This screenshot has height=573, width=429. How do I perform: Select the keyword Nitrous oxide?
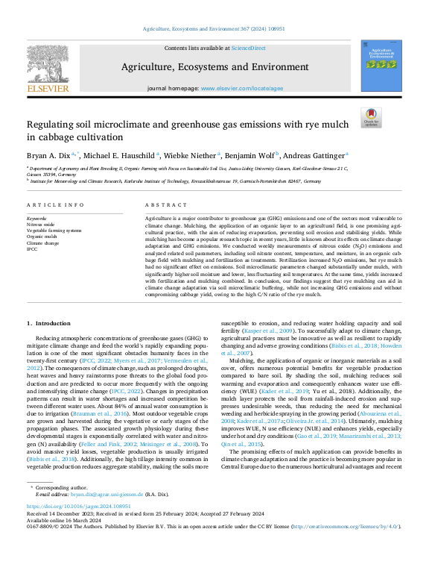pos(40,224)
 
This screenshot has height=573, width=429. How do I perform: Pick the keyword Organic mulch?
pos(41,237)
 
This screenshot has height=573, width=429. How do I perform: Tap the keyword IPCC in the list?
pos(32,248)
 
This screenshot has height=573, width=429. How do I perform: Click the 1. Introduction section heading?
pos(50,322)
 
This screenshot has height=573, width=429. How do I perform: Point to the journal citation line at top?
pos(214,29)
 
